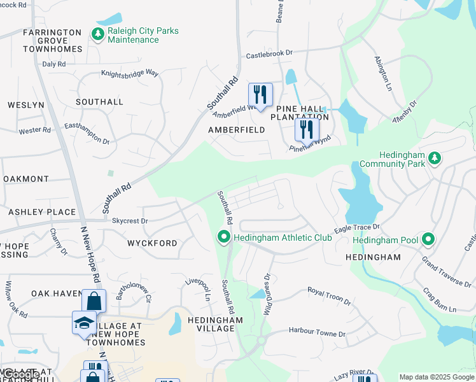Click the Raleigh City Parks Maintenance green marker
[97, 34]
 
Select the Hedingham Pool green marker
[429, 239]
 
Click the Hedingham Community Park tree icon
[435, 157]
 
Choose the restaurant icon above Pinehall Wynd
[307, 129]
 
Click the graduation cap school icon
[84, 323]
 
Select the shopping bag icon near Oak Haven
[94, 301]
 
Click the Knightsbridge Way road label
[130, 73]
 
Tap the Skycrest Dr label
[130, 221]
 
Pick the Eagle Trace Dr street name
[357, 228]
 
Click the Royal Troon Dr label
[329, 295]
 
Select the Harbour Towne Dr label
[316, 333]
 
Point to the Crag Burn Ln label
[440, 300]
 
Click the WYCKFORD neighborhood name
[152, 243]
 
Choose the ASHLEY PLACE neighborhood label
[41, 212]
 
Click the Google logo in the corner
[20, 375]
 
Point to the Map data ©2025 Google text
[437, 378]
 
